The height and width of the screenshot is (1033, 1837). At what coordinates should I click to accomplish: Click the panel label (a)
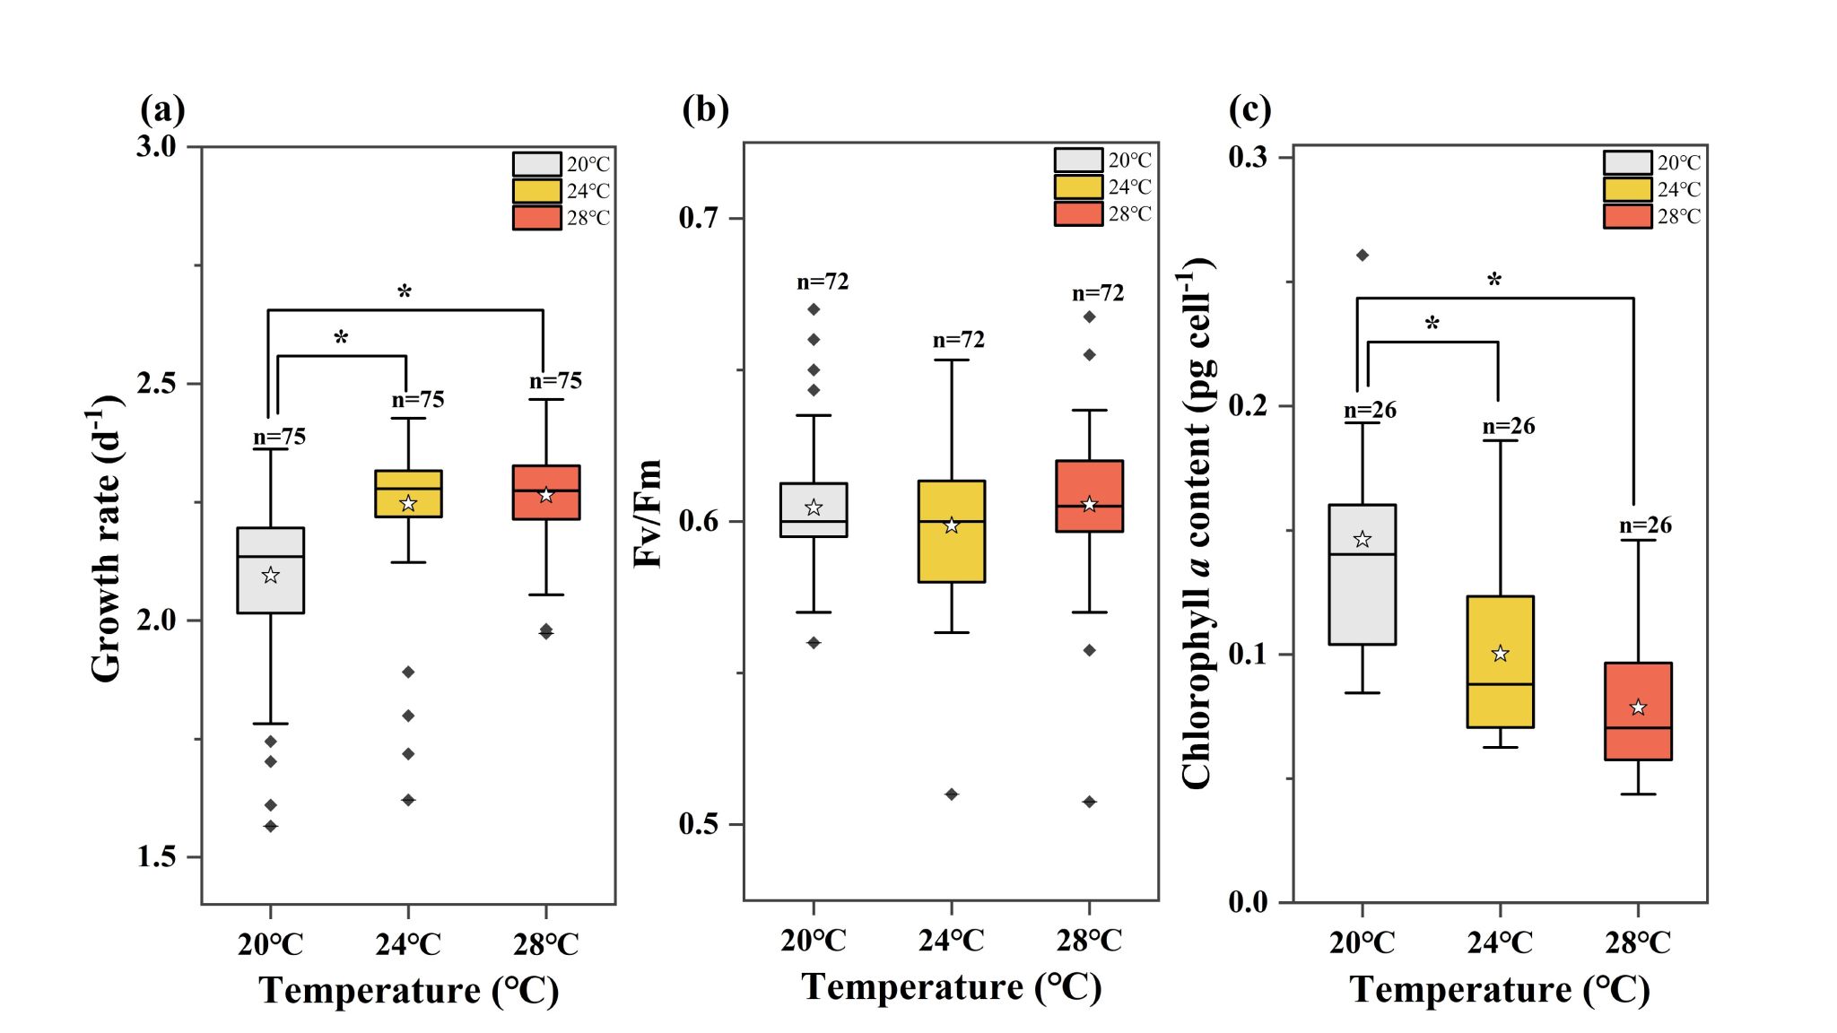(162, 109)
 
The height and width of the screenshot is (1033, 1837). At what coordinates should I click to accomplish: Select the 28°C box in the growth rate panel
(545, 492)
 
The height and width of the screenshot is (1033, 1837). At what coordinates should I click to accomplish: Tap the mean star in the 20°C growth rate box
(270, 576)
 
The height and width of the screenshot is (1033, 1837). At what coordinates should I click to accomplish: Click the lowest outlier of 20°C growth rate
(270, 826)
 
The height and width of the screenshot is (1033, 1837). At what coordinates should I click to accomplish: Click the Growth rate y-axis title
(106, 538)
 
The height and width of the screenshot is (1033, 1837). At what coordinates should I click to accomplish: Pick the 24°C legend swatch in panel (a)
(536, 191)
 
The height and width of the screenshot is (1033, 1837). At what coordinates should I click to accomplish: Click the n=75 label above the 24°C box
(418, 400)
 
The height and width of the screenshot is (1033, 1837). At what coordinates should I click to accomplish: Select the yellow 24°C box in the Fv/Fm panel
(951, 532)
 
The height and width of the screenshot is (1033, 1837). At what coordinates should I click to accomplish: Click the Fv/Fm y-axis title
(649, 514)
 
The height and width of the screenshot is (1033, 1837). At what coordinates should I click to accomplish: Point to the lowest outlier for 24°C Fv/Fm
(952, 794)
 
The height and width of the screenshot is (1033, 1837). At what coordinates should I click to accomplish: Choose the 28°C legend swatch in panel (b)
(1078, 214)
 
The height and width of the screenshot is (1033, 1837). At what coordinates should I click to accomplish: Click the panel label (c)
(1249, 109)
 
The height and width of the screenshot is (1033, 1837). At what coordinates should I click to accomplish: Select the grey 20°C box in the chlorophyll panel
(1362, 575)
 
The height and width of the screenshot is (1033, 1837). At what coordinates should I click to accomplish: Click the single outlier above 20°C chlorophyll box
(1362, 256)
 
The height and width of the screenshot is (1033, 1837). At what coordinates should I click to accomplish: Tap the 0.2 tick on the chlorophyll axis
(1249, 405)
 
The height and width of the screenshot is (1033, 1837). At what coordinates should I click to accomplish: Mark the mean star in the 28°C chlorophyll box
(1638, 707)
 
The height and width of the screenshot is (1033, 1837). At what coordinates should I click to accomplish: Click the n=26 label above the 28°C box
(1645, 525)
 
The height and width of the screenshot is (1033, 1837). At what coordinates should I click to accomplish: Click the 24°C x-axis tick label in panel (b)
(951, 940)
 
